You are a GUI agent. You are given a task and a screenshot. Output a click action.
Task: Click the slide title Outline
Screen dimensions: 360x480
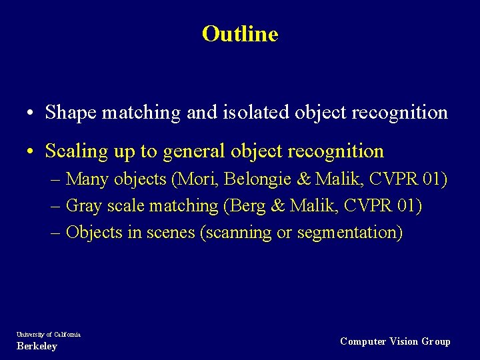pyautogui.click(x=240, y=33)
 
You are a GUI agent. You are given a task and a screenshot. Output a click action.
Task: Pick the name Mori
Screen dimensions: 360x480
pyautogui.click(x=195, y=179)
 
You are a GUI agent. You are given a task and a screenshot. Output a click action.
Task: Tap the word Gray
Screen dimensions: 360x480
pyautogui.click(x=84, y=206)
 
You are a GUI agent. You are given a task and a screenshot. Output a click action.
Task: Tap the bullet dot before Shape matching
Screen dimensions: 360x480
pyautogui.click(x=32, y=113)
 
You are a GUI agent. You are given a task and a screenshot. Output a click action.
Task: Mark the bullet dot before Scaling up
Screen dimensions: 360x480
pyautogui.click(x=32, y=152)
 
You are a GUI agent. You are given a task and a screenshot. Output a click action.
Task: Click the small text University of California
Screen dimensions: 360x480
pyautogui.click(x=49, y=335)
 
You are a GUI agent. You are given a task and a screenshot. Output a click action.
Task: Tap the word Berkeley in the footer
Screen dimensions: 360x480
pyautogui.click(x=37, y=347)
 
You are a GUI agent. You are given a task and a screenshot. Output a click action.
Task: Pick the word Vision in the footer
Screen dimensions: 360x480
pyautogui.click(x=403, y=341)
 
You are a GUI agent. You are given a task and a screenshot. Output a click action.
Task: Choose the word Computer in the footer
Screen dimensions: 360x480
pyautogui.click(x=363, y=341)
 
